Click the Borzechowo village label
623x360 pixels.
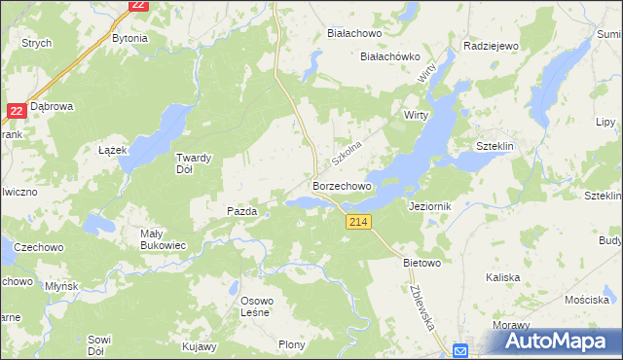pos(342,185)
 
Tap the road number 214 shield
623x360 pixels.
pos(357,223)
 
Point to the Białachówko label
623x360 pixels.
pos(389,56)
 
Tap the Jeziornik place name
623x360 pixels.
pos(429,207)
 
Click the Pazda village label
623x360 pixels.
pos(241,210)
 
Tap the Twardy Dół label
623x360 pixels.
pos(193,162)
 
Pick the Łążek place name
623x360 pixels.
pos(114,151)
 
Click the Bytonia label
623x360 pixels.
pos(130,39)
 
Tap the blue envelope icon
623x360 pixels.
pos(460,350)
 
